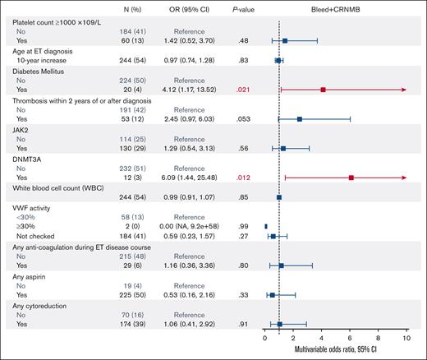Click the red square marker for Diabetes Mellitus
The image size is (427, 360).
tap(323, 90)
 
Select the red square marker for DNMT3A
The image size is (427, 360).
tap(351, 177)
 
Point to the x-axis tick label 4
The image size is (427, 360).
tap(322, 337)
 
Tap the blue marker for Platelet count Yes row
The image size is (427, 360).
tap(285, 39)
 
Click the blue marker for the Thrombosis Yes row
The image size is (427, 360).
tap(299, 119)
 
